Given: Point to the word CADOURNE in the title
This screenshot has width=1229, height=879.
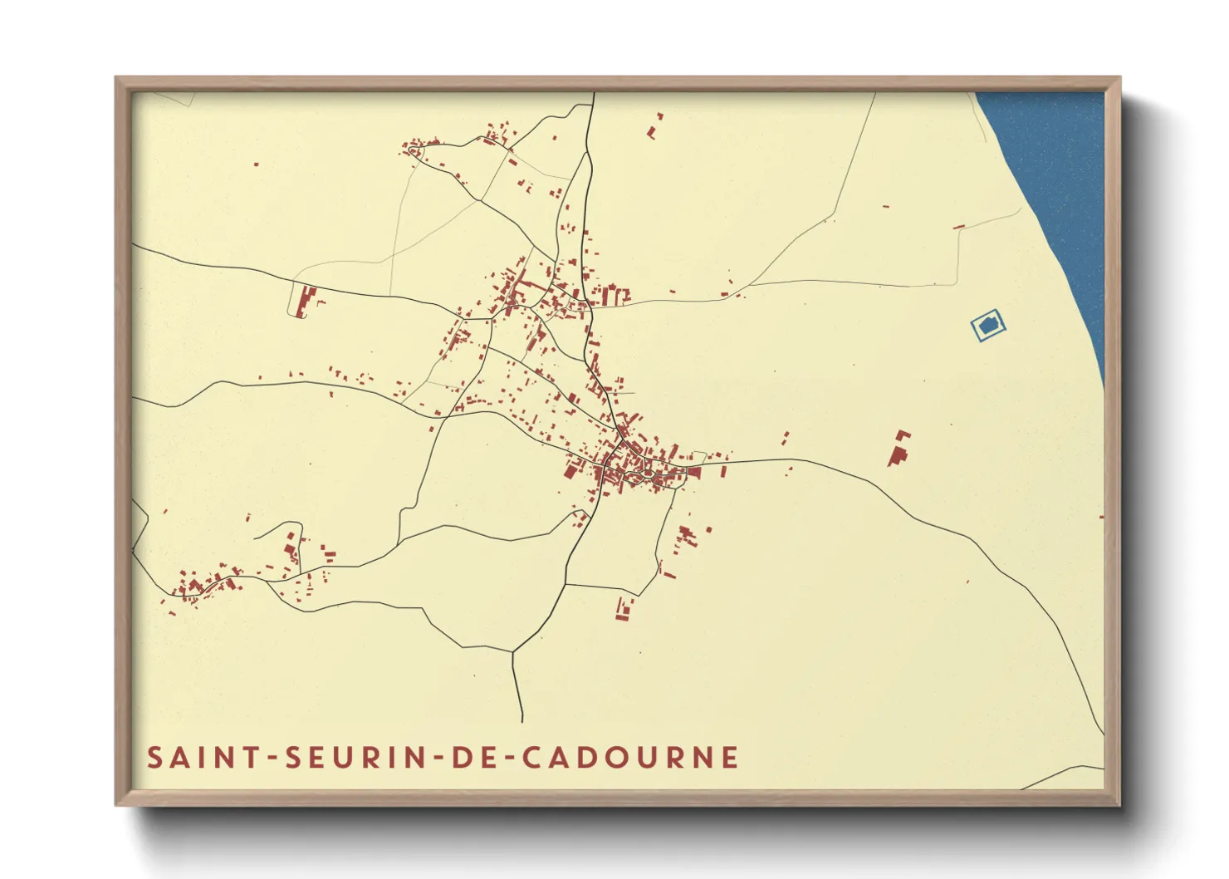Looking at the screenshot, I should coord(630,758).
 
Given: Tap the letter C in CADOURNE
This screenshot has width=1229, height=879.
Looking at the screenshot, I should coord(531,758).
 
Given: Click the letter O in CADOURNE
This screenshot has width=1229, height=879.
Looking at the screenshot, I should coord(617,758).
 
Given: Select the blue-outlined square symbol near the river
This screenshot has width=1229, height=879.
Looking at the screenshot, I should coord(988,325).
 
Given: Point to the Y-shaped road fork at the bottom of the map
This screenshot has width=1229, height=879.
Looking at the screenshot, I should coord(513,652).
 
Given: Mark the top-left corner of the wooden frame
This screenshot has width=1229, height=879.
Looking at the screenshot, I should coord(116,78).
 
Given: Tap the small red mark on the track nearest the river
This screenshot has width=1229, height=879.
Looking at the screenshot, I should coord(959,226).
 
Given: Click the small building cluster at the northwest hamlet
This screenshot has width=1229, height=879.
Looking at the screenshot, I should coord(413,149).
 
